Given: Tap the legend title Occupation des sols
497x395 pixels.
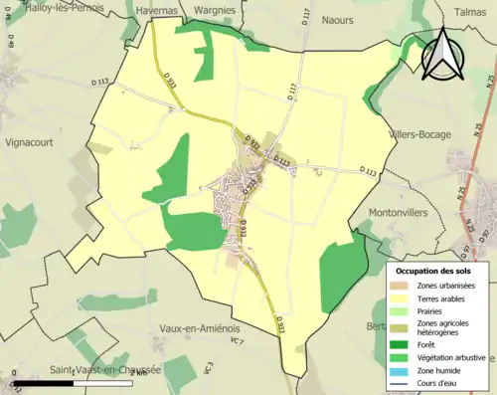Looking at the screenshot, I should [433, 271].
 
